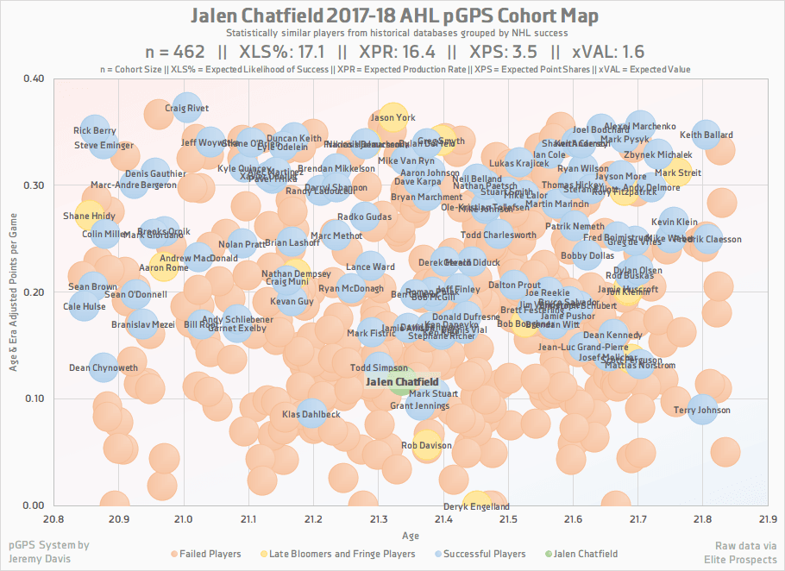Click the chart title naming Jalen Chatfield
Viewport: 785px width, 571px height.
pyautogui.click(x=392, y=16)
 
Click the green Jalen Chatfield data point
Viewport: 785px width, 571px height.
pyautogui.click(x=403, y=381)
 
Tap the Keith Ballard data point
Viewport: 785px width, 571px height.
pyautogui.click(x=706, y=135)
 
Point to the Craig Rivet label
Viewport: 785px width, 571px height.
pyautogui.click(x=186, y=110)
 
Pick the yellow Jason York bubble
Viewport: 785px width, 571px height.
pyautogui.click(x=392, y=118)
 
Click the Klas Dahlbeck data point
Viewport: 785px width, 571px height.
pyautogui.click(x=312, y=415)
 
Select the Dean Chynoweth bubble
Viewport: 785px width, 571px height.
pyautogui.click(x=104, y=368)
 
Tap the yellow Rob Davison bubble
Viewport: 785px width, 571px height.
pyautogui.click(x=426, y=446)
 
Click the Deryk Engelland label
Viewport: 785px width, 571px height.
pyautogui.click(x=476, y=507)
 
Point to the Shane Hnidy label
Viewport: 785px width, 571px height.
pyautogui.click(x=89, y=216)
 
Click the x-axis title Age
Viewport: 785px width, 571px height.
pyautogui.click(x=411, y=536)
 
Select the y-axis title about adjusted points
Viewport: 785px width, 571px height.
pyautogui.click(x=15, y=292)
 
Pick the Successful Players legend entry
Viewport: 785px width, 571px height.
pyautogui.click(x=481, y=554)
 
